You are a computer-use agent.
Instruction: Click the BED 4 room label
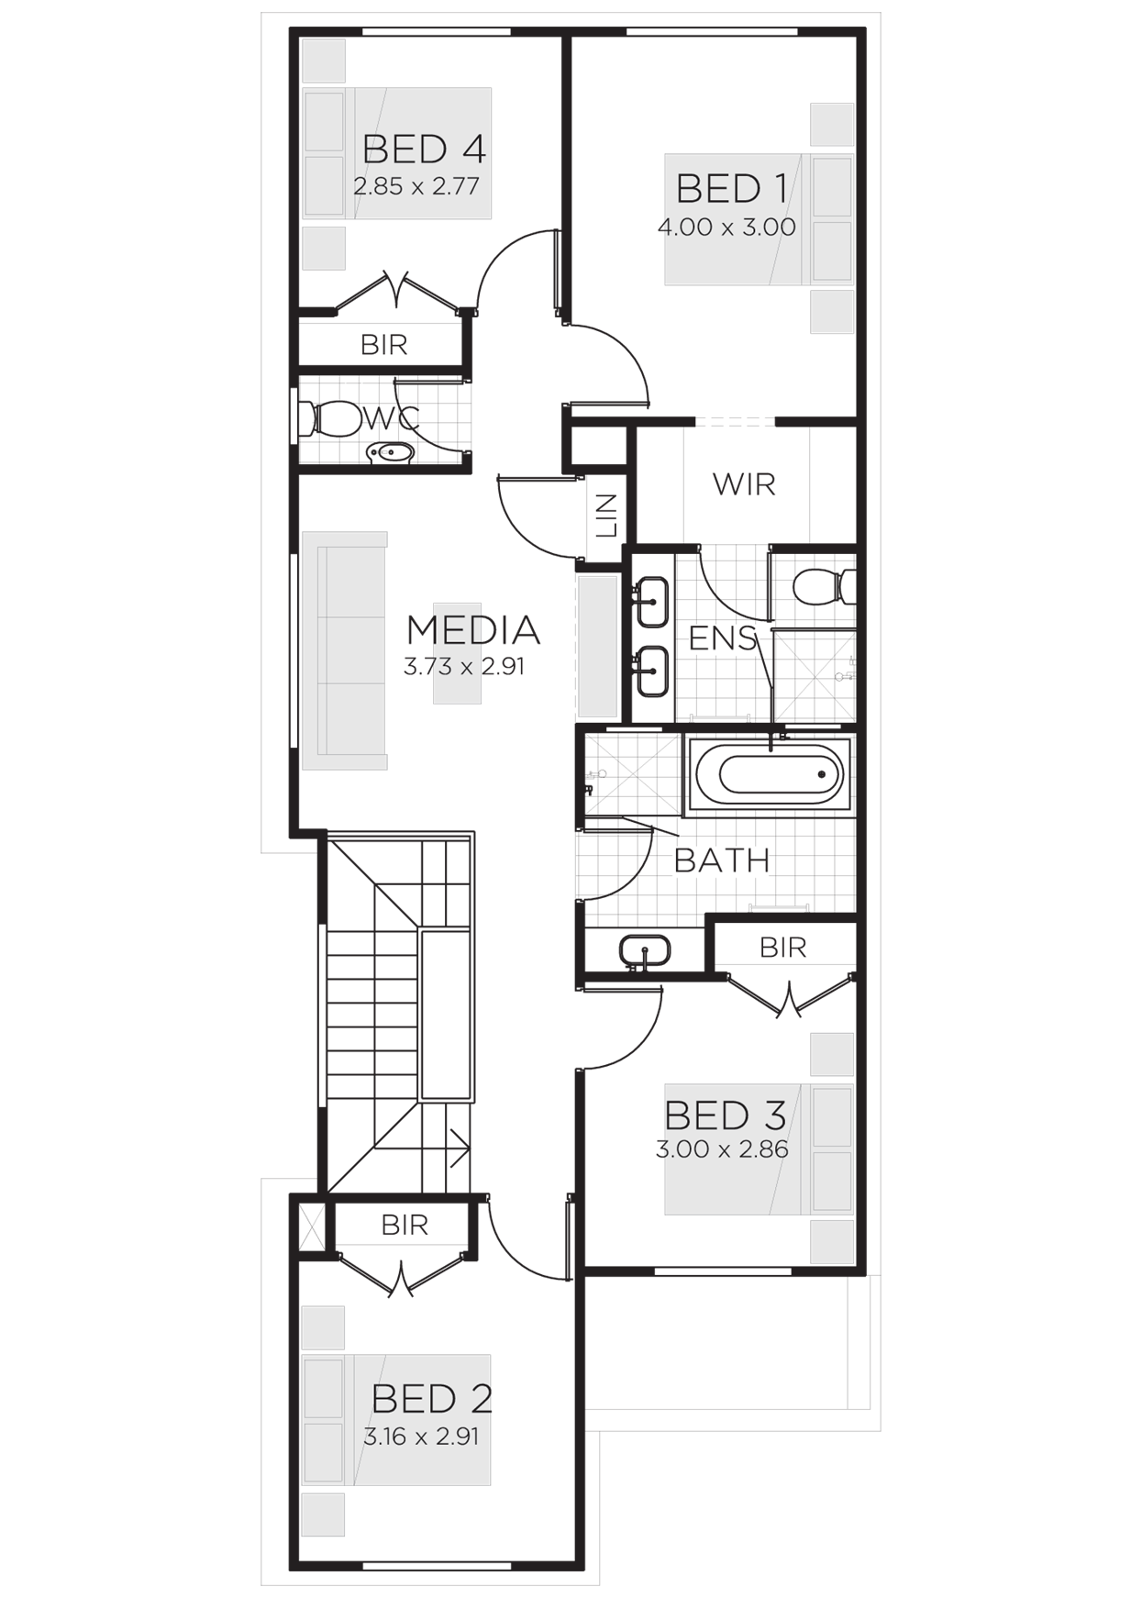[423, 150]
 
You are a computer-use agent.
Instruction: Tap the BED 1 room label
[730, 190]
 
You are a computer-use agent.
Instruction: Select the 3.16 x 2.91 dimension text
[421, 1436]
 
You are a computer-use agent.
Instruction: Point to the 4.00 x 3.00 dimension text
[726, 227]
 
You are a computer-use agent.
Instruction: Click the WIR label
[744, 483]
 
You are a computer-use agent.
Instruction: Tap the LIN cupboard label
[606, 516]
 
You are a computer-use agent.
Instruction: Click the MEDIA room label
[472, 630]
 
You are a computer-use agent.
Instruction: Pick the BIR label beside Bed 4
[383, 345]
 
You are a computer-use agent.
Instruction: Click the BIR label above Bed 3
[782, 947]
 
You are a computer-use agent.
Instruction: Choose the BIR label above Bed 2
[405, 1225]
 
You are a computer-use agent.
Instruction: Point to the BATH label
[722, 860]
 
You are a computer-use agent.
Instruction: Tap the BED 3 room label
[725, 1116]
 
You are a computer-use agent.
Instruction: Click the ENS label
[723, 638]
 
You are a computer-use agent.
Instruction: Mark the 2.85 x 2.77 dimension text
[416, 186]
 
